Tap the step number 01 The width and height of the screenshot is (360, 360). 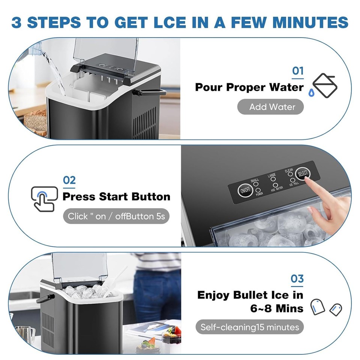pos(298,71)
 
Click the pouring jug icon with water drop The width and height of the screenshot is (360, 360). pos(323,87)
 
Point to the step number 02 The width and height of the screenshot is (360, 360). pos(69,180)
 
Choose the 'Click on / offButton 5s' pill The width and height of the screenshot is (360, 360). pos(116,216)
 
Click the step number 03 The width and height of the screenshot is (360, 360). pos(297,279)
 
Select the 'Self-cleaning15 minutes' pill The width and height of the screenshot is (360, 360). pos(249,327)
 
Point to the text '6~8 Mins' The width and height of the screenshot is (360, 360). pos(277,308)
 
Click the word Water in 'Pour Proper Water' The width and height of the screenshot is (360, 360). pos(286,87)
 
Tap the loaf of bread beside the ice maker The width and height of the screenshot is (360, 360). pos(35,122)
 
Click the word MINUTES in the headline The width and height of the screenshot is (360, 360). pos(315,22)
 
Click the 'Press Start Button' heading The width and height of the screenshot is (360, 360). pos(116,196)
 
